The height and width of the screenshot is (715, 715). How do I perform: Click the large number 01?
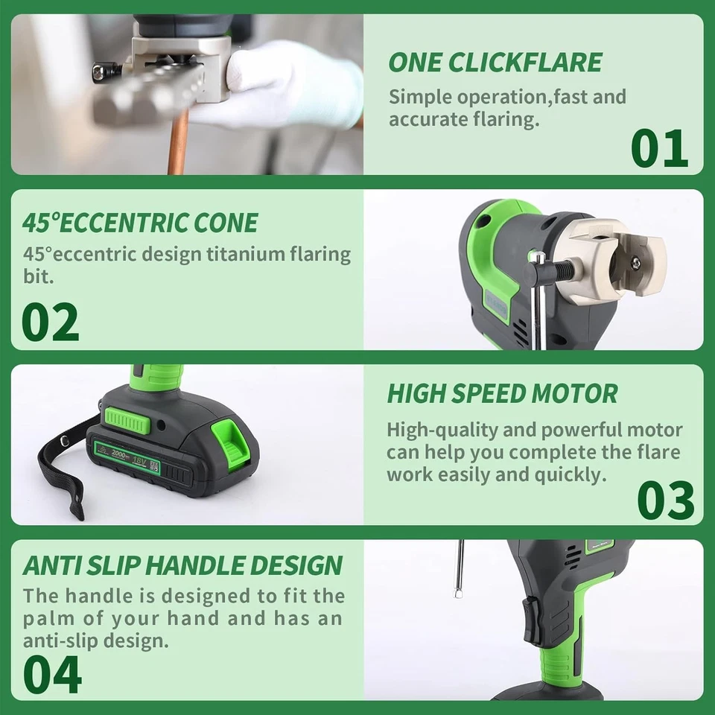[x=659, y=148]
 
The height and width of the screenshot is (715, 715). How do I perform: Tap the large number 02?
[x=50, y=322]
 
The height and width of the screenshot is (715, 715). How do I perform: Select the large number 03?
[x=665, y=500]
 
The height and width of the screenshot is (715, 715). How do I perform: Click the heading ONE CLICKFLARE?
[x=495, y=63]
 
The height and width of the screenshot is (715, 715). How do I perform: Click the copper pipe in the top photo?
[x=177, y=145]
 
